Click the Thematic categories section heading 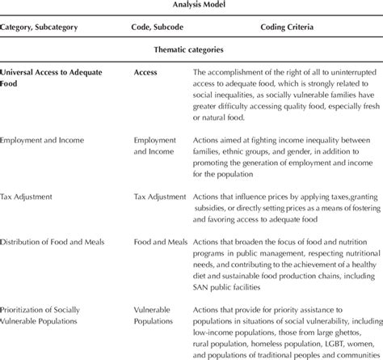coord(191,48)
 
